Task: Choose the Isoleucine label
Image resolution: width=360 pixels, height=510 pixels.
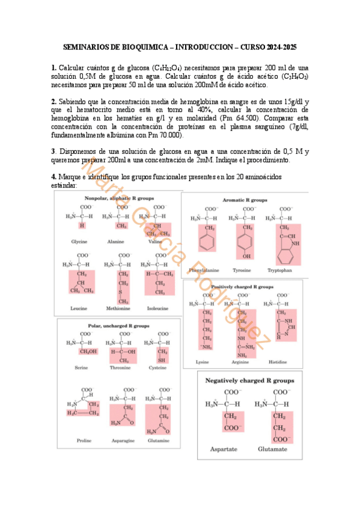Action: coord(157,309)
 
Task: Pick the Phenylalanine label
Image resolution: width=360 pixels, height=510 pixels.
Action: coord(205,270)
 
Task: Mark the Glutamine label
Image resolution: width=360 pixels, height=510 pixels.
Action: coord(157,441)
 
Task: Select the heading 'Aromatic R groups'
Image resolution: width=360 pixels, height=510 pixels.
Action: coord(245,198)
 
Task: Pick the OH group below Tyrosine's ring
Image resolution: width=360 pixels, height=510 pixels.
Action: coord(246,256)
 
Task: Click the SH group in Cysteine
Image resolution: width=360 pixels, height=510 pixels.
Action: coord(161,360)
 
